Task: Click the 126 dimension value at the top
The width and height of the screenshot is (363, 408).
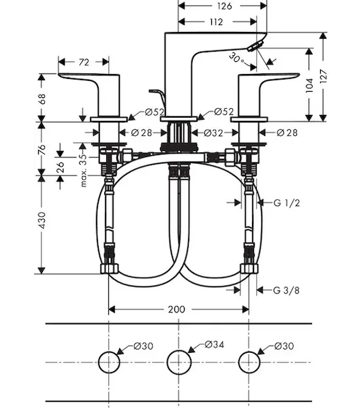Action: coord(224,5)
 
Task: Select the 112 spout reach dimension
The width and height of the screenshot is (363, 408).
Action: coord(217,22)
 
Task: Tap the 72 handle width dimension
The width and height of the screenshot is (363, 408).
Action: coord(84,62)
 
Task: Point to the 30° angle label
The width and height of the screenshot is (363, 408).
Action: coord(236,58)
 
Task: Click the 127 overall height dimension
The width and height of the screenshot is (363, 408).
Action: coord(323,76)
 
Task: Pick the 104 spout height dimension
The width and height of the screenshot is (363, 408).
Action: coord(309,85)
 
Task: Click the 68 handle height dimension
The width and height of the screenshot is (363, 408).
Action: coord(42,99)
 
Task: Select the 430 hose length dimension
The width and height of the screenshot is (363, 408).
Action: coord(42,220)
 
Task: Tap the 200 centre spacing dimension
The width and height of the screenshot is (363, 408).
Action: coord(176,309)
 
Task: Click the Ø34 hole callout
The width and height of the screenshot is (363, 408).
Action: coord(215,345)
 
